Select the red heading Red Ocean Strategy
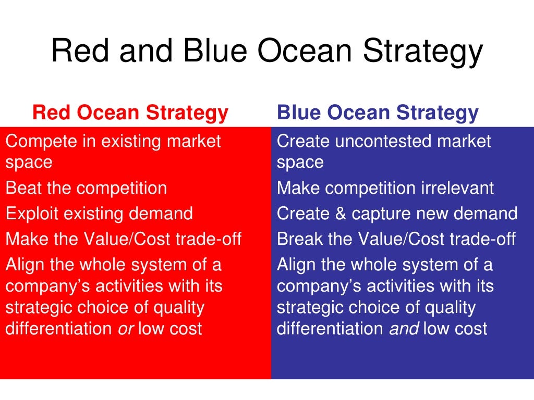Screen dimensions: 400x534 coord(130,113)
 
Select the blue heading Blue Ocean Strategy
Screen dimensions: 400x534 coord(378,113)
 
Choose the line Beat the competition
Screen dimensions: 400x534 coord(86,187)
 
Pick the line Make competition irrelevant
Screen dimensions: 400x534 coord(385,187)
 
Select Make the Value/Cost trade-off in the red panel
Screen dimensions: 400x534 coord(124,239)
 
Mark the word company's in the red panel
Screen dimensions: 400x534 coord(44,286)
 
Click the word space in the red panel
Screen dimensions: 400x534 coord(29,162)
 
